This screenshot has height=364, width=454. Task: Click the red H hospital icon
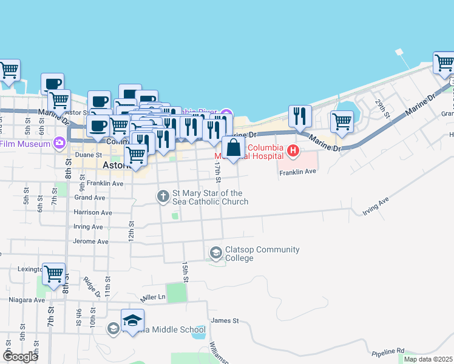[293, 150]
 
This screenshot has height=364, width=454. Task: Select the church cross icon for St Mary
[163, 196]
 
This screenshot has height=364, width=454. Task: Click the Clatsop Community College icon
[215, 252]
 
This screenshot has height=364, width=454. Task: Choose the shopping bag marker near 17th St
[234, 147]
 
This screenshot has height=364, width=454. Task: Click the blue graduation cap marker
[132, 320]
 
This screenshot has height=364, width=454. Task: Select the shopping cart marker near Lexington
[53, 274]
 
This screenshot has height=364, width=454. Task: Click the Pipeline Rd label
[388, 351]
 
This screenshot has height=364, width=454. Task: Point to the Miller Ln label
[152, 297]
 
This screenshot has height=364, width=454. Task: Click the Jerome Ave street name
[92, 241]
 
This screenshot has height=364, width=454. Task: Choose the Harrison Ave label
[92, 212]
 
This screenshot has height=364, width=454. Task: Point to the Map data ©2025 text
[427, 359]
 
